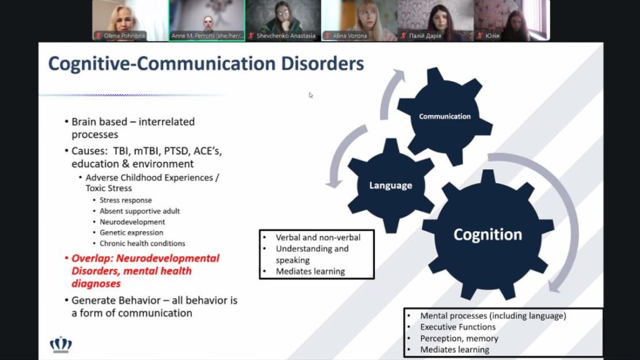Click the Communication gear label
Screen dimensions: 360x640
444,116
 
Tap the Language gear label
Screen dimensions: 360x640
391,185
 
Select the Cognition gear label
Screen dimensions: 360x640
487,234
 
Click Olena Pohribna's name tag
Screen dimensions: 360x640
124,36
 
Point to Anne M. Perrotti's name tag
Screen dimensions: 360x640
206,36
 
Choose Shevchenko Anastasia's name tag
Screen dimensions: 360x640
285,36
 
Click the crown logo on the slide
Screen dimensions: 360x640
61,344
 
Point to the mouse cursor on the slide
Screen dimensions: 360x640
311,95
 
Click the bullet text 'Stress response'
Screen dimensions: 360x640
126,201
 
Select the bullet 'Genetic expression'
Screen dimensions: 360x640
131,232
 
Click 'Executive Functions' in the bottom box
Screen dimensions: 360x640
457,327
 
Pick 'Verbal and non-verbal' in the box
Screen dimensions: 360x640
317,237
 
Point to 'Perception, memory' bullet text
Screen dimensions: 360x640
459,338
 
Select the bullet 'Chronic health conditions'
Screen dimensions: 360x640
142,243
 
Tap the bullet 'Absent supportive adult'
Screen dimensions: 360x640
140,211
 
